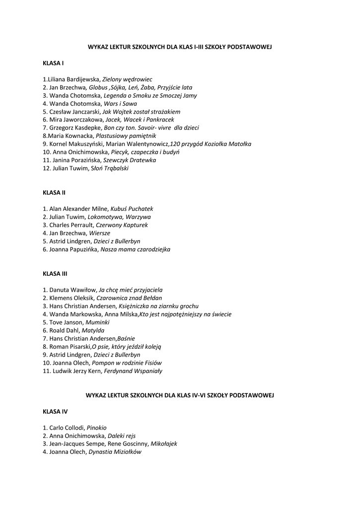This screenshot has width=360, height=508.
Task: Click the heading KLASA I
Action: [53, 63]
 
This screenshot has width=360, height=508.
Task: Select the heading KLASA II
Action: [54, 192]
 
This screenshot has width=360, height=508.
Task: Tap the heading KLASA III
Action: [55, 273]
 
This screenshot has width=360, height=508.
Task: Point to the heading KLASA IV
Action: [55, 411]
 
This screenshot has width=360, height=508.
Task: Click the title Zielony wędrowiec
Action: [127, 79]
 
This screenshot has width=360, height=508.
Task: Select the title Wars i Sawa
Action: [120, 104]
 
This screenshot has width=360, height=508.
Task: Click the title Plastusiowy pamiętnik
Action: [126, 136]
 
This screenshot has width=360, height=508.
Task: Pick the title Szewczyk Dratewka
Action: [130, 160]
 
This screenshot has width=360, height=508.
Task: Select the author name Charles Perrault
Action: [72, 225]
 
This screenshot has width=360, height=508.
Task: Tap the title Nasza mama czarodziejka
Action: [136, 250]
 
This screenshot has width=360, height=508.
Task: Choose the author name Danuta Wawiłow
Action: [72, 290]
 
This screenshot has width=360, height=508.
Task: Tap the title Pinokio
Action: [97, 428]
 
